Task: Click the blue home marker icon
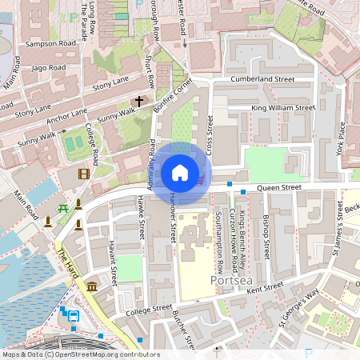point(180,172)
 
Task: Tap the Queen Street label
point(278,188)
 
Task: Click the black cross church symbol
point(139,102)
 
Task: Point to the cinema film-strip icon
point(84,174)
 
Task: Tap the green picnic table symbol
point(62,208)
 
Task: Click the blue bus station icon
point(74,315)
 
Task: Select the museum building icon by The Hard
point(92,286)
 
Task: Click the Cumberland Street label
point(262,80)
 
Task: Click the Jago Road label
point(48,68)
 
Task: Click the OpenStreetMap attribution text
point(80,354)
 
